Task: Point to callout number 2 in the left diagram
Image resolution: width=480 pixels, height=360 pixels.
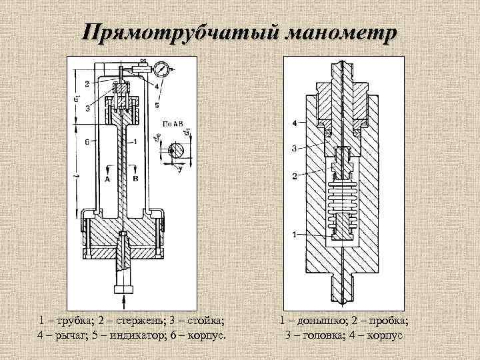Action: [87, 83]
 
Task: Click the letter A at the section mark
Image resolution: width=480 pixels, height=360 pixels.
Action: [108, 179]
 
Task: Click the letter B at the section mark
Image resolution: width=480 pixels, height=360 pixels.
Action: [136, 179]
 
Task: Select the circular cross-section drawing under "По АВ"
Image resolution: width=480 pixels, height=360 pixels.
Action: [176, 151]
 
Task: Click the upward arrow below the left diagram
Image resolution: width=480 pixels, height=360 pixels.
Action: [124, 293]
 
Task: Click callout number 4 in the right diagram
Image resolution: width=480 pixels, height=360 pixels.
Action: [295, 123]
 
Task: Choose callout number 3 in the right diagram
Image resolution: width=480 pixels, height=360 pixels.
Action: [295, 149]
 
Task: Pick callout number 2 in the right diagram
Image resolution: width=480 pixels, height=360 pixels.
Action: [295, 175]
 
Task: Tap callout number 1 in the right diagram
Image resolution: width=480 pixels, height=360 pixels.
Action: [295, 235]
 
